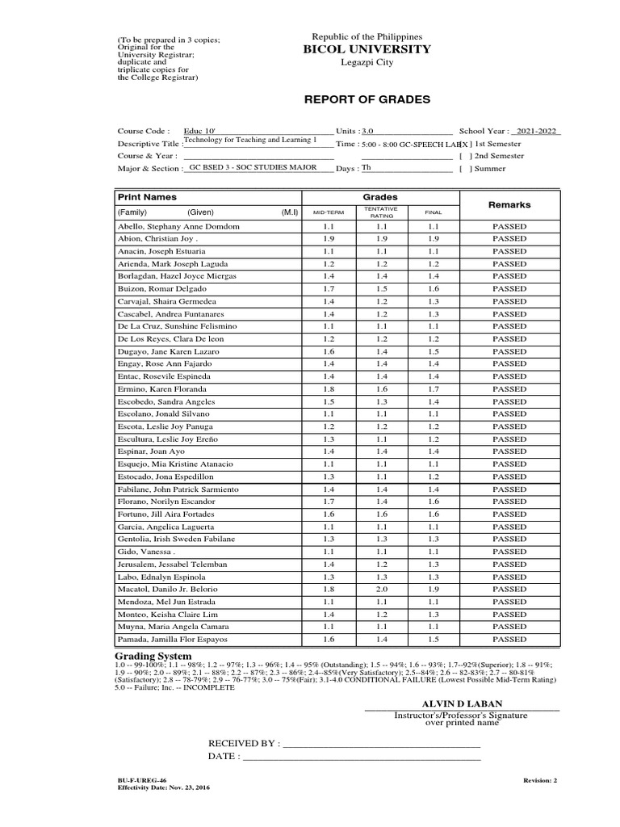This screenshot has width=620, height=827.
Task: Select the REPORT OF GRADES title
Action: click(367, 99)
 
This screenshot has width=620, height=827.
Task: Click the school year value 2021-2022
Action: click(536, 130)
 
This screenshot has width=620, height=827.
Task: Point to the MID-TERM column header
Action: click(328, 212)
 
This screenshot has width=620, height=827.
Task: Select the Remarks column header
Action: click(509, 205)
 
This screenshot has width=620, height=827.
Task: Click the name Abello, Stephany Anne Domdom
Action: click(178, 227)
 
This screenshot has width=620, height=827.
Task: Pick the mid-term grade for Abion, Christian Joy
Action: click(328, 239)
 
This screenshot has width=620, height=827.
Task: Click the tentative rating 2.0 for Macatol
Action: click(380, 590)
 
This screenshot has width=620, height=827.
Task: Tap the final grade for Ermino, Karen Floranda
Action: click(434, 388)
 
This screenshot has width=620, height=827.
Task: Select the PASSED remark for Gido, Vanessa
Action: click(509, 552)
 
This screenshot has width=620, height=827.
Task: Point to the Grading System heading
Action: click(155, 656)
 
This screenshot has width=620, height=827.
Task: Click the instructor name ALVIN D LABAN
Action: click(462, 704)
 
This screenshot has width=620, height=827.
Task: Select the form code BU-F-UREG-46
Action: click(142, 781)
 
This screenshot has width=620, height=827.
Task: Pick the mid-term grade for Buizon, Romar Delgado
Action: click(328, 288)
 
